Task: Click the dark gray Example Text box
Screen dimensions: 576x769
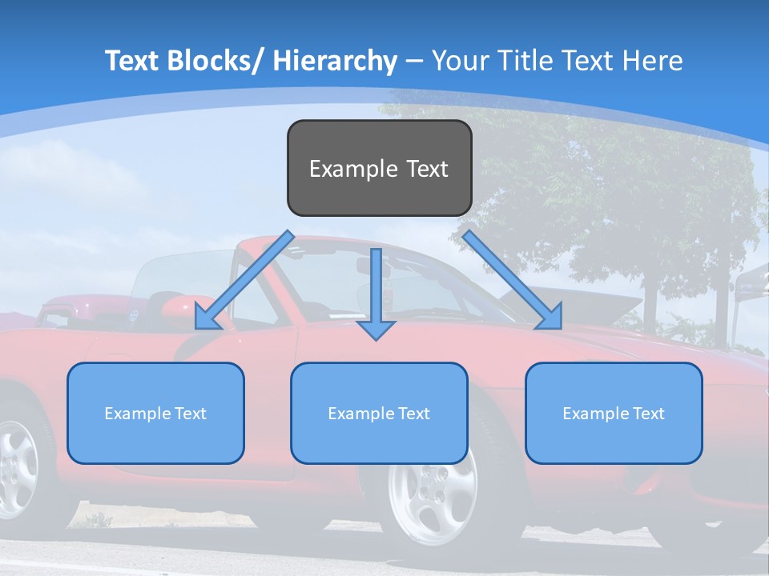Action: tap(379, 168)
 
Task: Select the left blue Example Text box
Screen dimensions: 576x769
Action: tap(155, 413)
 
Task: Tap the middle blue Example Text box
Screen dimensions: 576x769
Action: tap(379, 413)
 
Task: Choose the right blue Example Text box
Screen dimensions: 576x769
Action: tap(614, 413)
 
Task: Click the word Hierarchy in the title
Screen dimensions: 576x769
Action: tap(335, 61)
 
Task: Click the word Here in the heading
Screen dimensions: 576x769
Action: tap(653, 61)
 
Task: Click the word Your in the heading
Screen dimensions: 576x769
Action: tap(460, 61)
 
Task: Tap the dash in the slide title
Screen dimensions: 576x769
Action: tap(413, 61)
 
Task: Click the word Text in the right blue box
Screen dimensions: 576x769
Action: tap(648, 413)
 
